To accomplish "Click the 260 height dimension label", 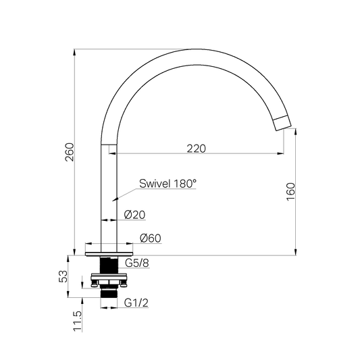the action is tap(70, 152).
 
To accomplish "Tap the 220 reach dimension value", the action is tap(196, 149).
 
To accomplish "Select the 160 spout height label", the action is tap(290, 191).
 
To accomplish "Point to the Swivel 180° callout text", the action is tap(168, 184).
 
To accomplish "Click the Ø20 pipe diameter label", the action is tap(134, 215).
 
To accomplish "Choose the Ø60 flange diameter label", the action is tap(151, 238).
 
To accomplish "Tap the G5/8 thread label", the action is tap(137, 263).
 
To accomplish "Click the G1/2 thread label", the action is tap(136, 303).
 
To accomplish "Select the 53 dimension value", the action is tap(63, 276).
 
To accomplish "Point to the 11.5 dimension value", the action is tap(78, 322).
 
